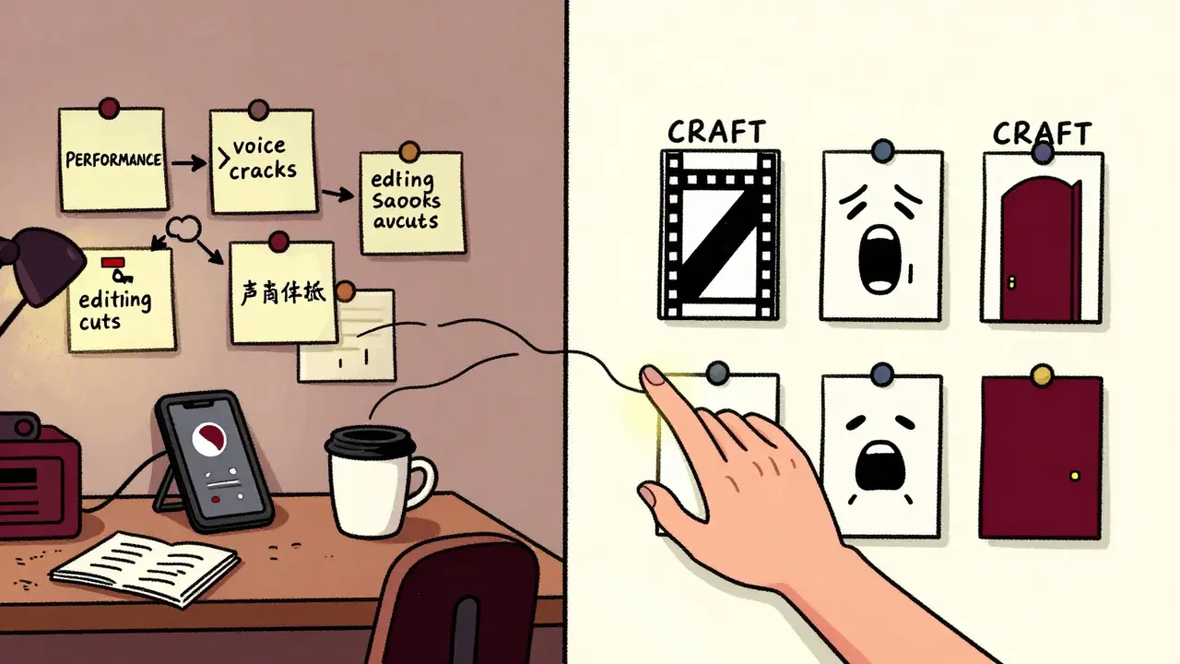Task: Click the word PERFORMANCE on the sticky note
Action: [x=113, y=160]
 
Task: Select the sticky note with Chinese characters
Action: [x=282, y=292]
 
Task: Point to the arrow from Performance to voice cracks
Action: [x=189, y=163]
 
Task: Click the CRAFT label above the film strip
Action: [x=717, y=132]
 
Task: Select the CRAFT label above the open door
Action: [x=1043, y=134]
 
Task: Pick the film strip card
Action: [x=719, y=235]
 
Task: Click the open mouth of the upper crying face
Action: [x=877, y=261]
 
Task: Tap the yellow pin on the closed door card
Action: [x=1043, y=374]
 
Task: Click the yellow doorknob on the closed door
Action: [x=1074, y=476]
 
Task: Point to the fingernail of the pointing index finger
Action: [x=654, y=375]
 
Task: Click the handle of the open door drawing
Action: [x=1011, y=281]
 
